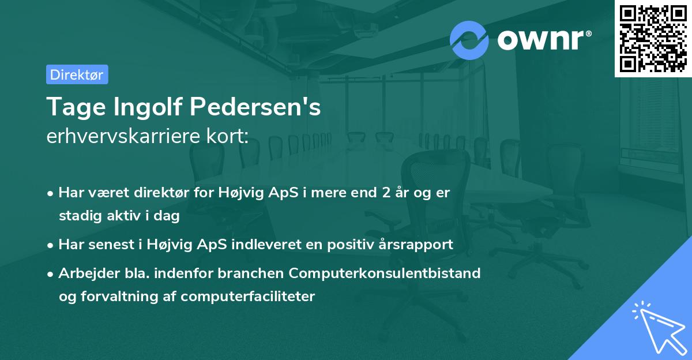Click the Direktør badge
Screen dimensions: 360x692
click(x=77, y=74)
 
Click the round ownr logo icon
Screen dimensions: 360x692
click(x=469, y=40)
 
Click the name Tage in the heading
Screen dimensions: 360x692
click(x=71, y=107)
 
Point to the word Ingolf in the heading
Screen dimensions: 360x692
click(x=143, y=107)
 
